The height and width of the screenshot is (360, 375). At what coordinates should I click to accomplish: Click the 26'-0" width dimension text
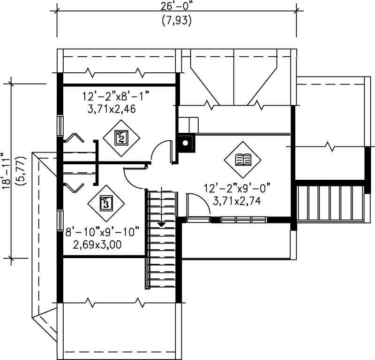click(x=177, y=8)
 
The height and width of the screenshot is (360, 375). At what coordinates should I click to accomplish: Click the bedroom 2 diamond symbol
click(x=121, y=138)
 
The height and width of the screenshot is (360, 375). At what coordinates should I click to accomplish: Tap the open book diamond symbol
click(x=242, y=160)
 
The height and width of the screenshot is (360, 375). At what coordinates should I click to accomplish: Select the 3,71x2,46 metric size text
click(x=109, y=110)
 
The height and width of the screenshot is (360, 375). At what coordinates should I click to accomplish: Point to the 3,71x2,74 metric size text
click(x=236, y=201)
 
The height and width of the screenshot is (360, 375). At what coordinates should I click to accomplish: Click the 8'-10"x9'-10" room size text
click(x=102, y=232)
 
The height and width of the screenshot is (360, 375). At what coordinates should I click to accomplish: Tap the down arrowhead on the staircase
click(x=161, y=225)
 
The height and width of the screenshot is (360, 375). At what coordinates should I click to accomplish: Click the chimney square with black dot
click(x=186, y=143)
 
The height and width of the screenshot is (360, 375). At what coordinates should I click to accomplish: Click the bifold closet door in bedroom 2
click(x=74, y=138)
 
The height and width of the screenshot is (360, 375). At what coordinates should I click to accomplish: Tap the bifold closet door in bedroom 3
click(x=74, y=187)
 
